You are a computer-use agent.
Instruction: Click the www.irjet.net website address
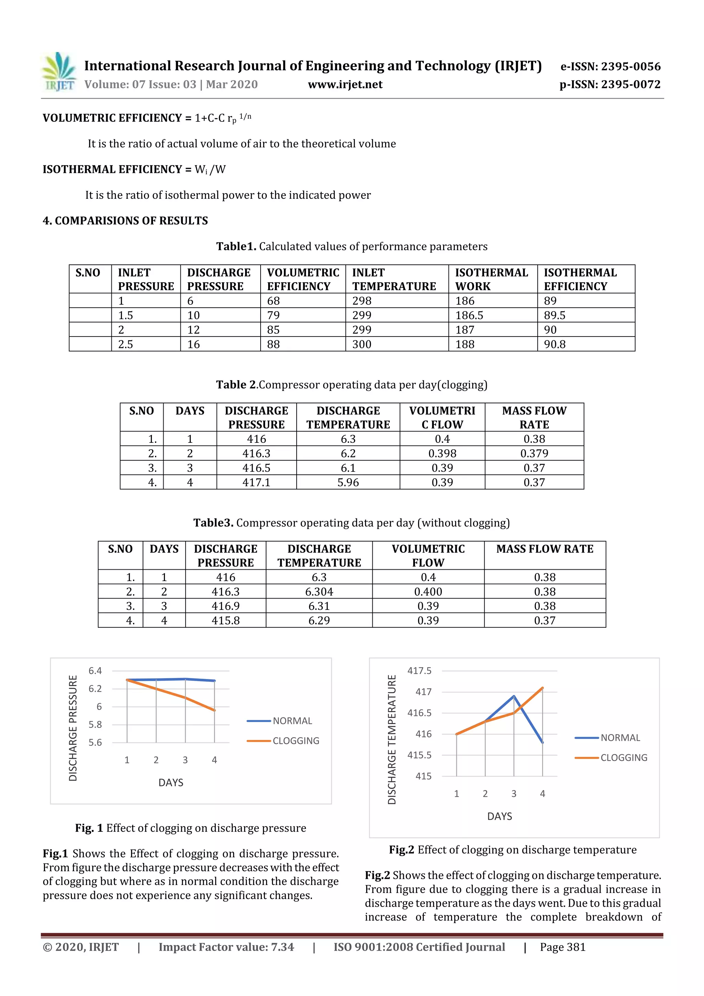[345, 84]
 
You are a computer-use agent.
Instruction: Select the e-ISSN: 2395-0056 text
[610, 66]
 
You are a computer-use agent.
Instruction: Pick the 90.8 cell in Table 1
[554, 344]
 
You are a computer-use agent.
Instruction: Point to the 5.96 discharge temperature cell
[348, 482]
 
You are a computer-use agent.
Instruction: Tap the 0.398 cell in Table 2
[442, 453]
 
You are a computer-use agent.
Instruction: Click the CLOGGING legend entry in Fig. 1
[295, 741]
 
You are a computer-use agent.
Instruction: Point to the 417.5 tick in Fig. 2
[419, 671]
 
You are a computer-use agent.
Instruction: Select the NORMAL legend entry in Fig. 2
[620, 738]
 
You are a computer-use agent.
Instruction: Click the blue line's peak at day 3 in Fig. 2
[514, 696]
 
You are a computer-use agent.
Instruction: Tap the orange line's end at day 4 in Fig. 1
[214, 710]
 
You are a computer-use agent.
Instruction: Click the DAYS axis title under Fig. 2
[499, 817]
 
